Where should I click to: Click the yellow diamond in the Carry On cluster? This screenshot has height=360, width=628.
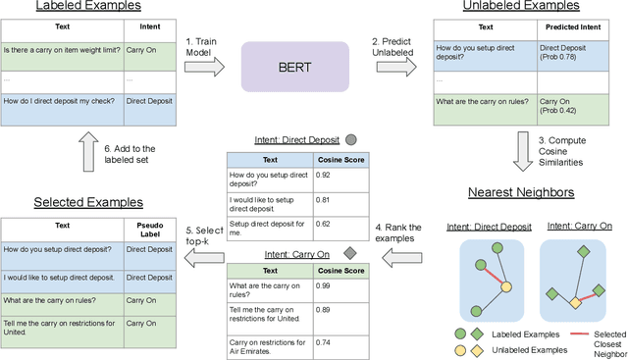pyautogui.click(x=577, y=303)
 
